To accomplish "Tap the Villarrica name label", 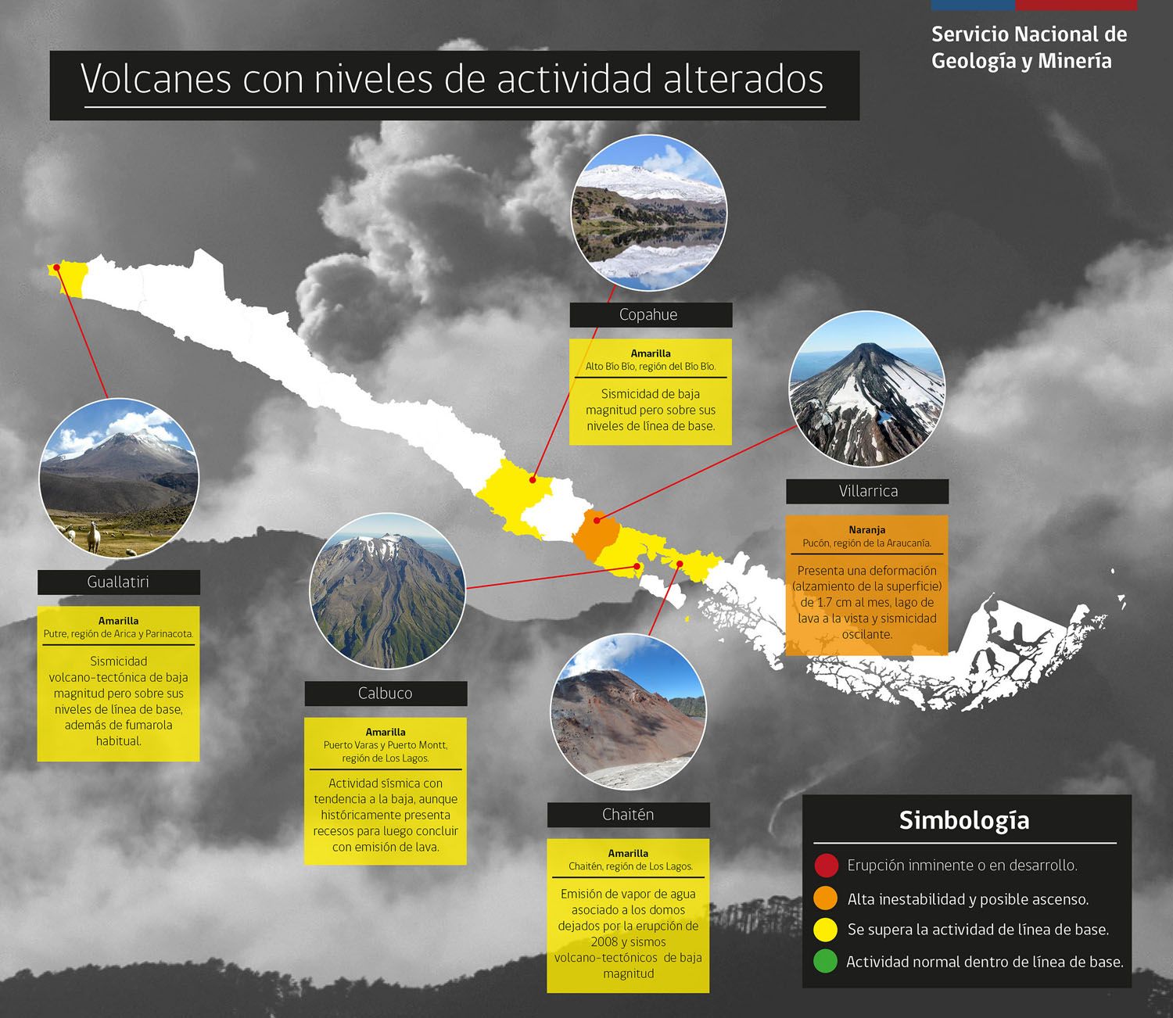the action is pyautogui.click(x=867, y=491).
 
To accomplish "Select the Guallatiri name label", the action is pyautogui.click(x=119, y=582).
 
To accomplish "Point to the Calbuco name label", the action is pyautogui.click(x=386, y=693).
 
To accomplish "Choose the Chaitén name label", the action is pyautogui.click(x=629, y=815).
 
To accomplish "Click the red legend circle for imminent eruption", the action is pyautogui.click(x=826, y=866).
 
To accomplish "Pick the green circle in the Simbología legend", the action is pyautogui.click(x=826, y=961).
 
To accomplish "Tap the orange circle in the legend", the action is pyautogui.click(x=826, y=898).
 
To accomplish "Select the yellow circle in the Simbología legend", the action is pyautogui.click(x=826, y=930).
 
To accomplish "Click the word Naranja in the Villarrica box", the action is pyautogui.click(x=867, y=529).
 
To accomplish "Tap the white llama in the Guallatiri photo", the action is pyautogui.click(x=94, y=536).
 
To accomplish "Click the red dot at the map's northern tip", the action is pyautogui.click(x=57, y=267).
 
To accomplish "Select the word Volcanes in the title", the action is pyautogui.click(x=156, y=78).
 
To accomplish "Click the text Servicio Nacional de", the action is pyautogui.click(x=1029, y=34).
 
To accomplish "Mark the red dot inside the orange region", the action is pyautogui.click(x=597, y=521).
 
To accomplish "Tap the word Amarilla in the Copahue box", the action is pyautogui.click(x=651, y=353).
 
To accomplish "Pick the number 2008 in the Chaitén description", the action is pyautogui.click(x=604, y=941).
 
